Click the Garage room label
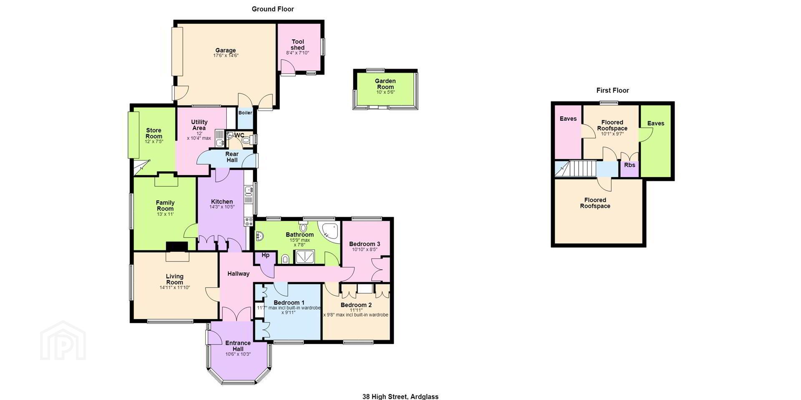click(x=225, y=50)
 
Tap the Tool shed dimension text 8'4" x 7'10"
click(x=297, y=53)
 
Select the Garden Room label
click(x=385, y=84)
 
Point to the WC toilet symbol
click(x=246, y=140)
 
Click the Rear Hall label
click(x=232, y=157)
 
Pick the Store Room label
click(x=154, y=133)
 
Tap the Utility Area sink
click(x=221, y=143)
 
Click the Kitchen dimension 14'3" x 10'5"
click(x=222, y=207)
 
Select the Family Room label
click(x=165, y=206)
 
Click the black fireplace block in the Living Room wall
click(x=177, y=247)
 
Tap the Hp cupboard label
click(x=265, y=255)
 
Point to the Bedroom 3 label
click(x=365, y=244)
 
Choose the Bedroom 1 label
click(x=289, y=302)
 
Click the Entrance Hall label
click(x=238, y=346)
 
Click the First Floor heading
click(x=612, y=90)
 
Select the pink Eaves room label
click(x=568, y=119)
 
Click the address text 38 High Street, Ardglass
click(x=400, y=397)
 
